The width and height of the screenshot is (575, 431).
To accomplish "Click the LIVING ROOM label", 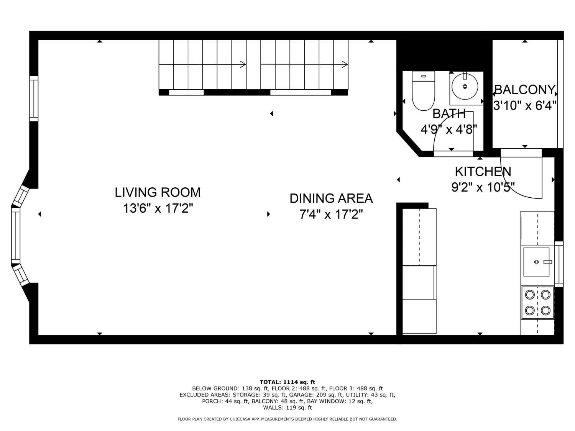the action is pos(158,192).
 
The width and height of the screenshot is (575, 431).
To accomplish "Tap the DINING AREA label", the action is pos(331,198).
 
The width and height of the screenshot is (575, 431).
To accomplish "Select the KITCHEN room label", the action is pos(483,172).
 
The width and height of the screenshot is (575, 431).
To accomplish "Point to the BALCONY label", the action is pos(525,90).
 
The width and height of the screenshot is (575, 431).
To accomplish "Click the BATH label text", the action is pos(449,113).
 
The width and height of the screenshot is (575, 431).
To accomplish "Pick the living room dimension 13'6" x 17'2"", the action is pos(158,208).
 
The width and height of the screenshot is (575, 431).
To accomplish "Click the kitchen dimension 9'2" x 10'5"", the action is pos(483,187).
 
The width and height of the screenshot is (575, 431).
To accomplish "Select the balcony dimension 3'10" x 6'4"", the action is pos(525,106).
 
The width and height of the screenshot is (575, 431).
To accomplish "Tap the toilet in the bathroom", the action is pos(423,91).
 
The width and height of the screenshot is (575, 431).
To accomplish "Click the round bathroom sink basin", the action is pos(465,87).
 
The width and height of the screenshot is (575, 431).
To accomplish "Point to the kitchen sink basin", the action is pos(536,262).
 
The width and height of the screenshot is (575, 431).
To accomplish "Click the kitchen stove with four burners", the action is pos(537,303).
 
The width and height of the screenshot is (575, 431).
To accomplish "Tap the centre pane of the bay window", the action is pos(16,235).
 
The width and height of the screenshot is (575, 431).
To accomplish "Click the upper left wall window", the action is pos(34,99).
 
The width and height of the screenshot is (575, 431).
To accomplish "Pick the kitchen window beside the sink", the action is pos(559,264).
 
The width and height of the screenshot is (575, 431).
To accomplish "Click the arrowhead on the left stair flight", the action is pos(243,64).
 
